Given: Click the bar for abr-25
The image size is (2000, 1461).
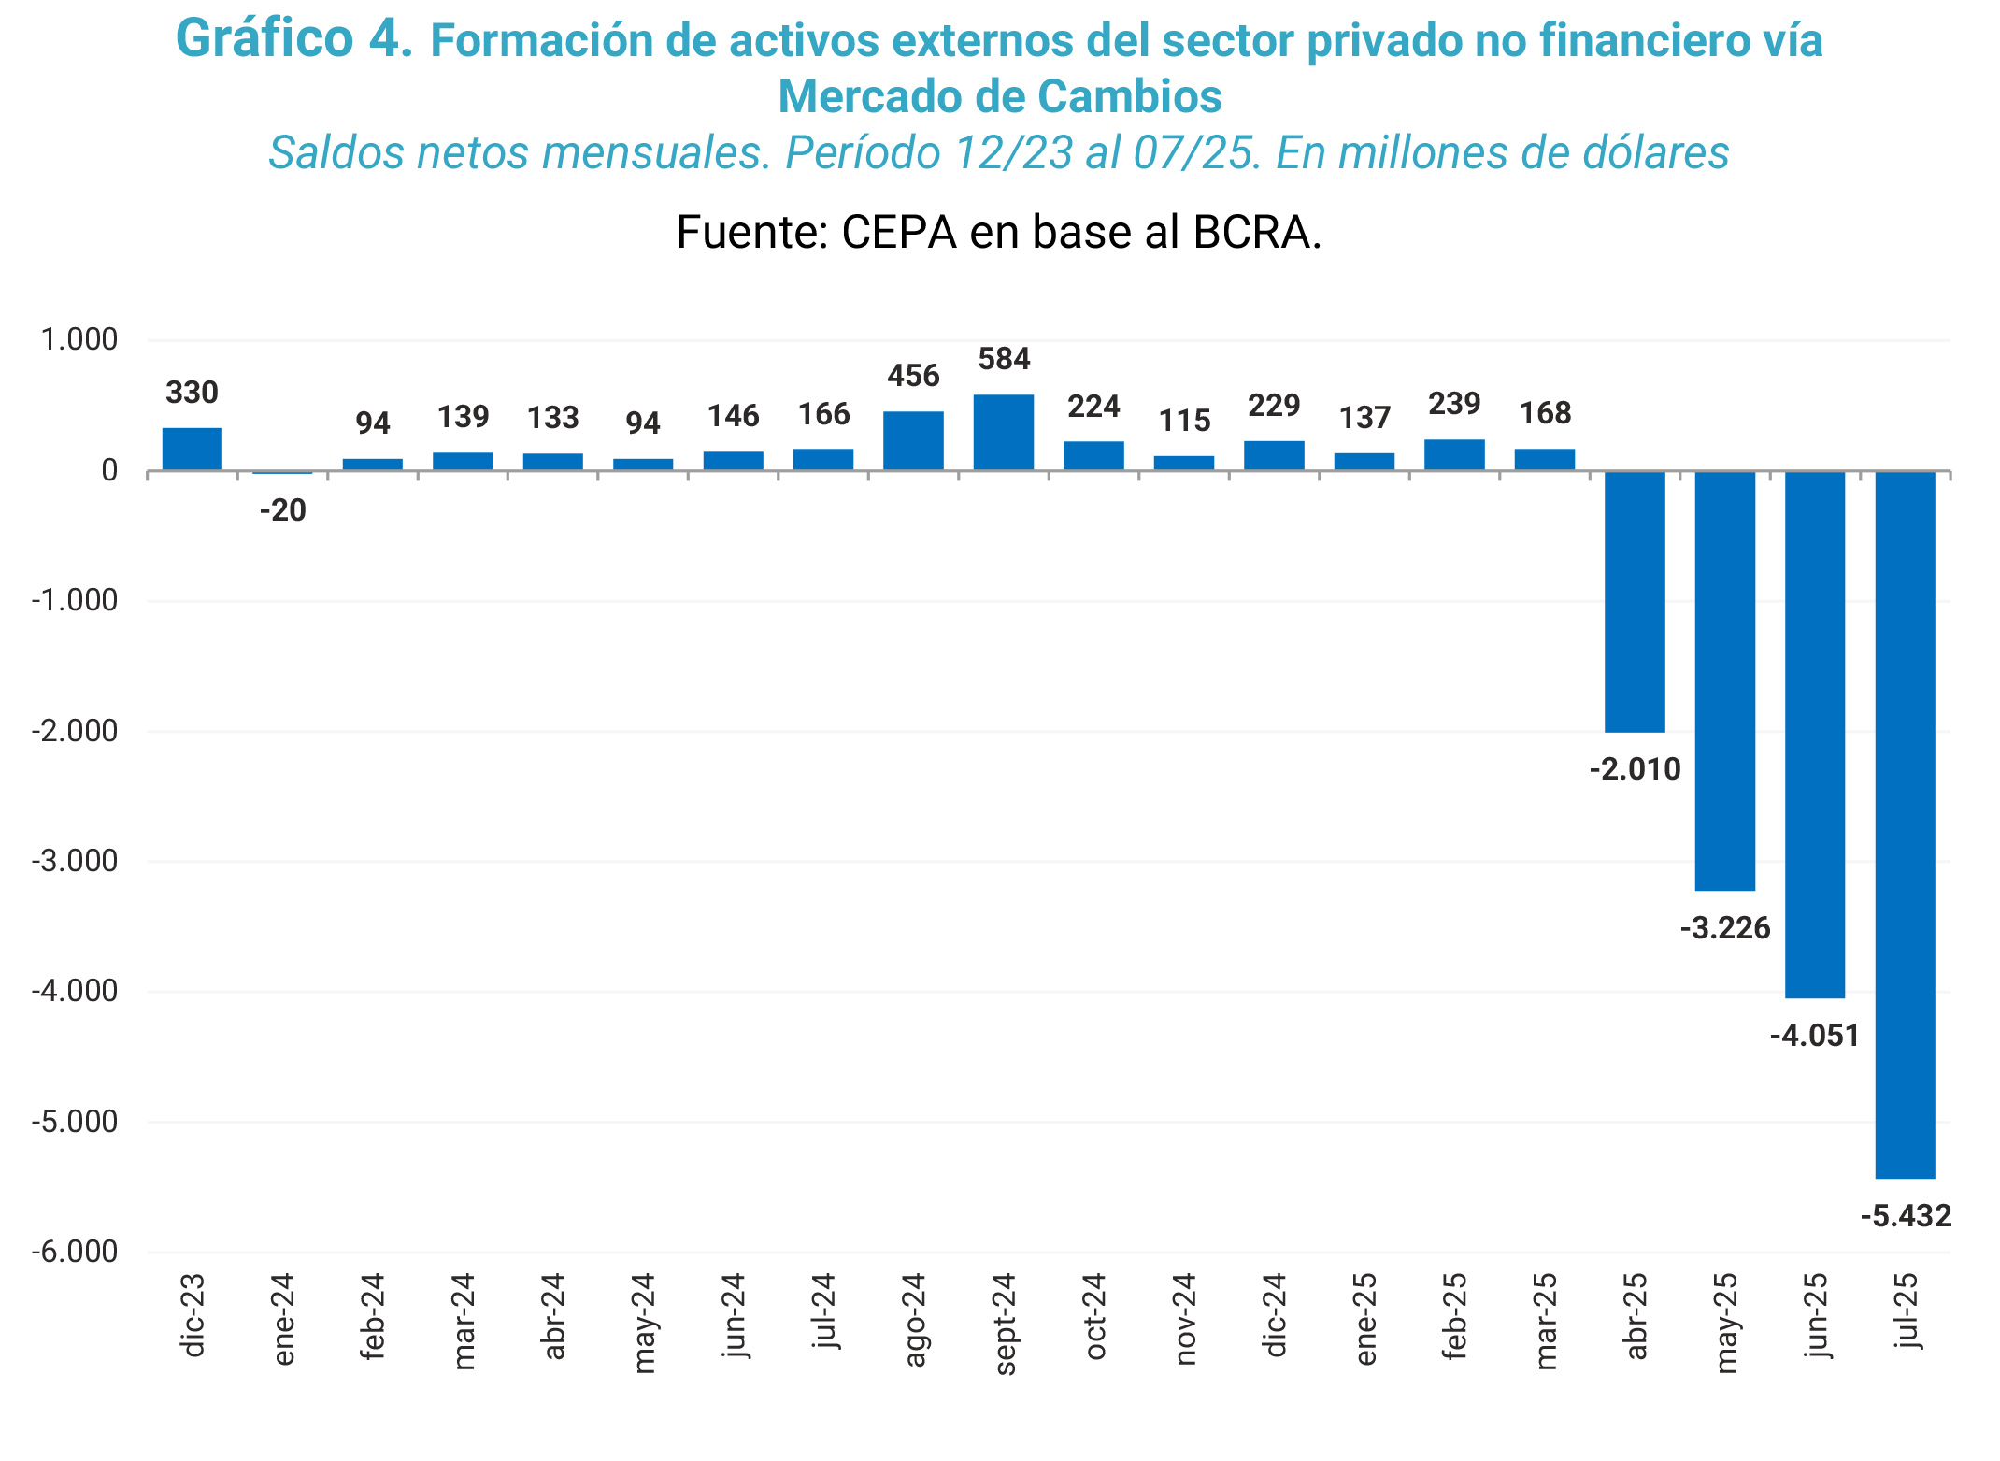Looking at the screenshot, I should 1635,601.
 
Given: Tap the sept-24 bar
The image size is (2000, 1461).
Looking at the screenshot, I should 1004,432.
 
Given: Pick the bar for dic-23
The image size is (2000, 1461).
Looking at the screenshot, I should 193,449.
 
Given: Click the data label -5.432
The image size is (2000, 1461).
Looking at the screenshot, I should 1906,1216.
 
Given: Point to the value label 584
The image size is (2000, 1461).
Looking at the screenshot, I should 1004,359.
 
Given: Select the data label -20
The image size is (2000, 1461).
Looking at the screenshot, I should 283,510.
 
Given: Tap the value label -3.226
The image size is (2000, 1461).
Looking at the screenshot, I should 1725,928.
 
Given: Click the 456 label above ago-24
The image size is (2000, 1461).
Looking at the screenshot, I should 913,376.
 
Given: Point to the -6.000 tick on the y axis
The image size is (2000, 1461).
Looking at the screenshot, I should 75,1252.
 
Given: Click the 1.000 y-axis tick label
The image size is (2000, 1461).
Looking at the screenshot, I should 79,339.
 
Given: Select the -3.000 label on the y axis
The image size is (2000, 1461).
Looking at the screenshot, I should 75,861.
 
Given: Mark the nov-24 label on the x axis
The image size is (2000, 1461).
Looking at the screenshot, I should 1185,1319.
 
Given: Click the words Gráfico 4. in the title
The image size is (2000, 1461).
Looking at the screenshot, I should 293,40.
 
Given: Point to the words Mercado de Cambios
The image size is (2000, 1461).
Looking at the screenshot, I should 1000,96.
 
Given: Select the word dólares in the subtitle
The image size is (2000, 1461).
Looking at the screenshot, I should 1655,153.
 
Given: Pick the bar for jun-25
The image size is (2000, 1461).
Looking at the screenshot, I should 1815,734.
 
